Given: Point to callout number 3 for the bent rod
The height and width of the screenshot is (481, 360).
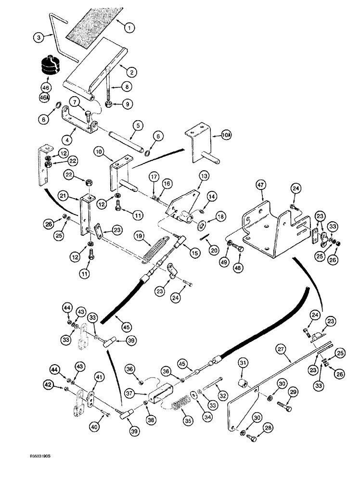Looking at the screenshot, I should pos(38,36).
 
